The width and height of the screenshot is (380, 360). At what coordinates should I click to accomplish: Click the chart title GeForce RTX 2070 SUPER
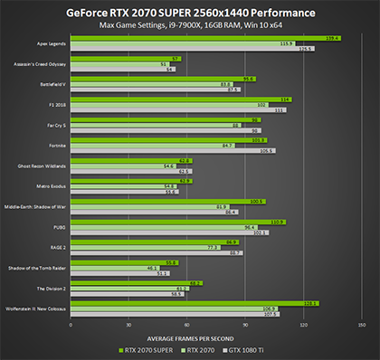[191, 14]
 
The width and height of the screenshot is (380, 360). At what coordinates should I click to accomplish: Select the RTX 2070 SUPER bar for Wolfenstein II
[194, 304]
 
